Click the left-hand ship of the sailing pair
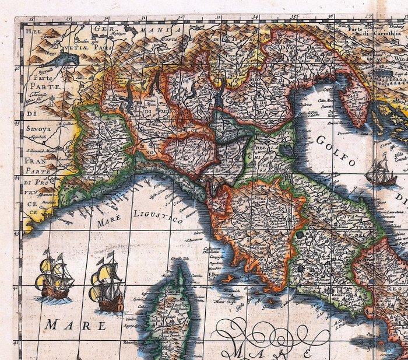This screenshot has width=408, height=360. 54,276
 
